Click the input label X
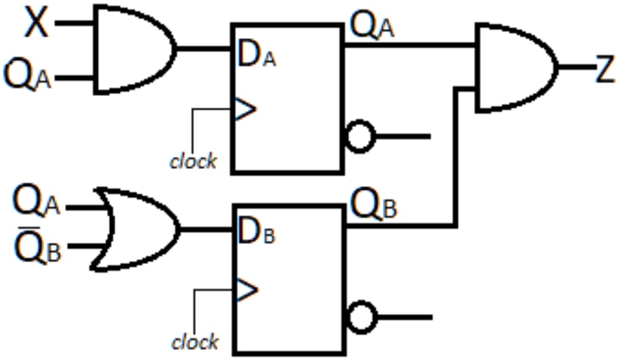coord(37,25)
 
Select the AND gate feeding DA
coord(132,49)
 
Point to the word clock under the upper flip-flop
coord(194,161)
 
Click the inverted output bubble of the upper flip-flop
coord(359,136)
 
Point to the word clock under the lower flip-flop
coord(194,341)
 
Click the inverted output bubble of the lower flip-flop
coord(360,317)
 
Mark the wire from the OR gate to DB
coord(206,229)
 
